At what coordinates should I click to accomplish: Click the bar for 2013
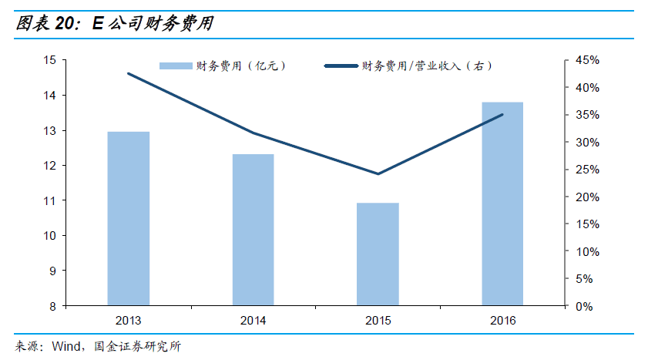coord(129,219)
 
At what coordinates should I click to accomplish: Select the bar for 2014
coord(253,230)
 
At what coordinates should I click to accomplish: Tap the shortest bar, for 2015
coord(378,254)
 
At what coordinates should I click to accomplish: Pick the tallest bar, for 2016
coord(502,204)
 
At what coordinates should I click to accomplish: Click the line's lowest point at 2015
coord(378,173)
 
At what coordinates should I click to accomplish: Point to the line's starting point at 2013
coord(129,73)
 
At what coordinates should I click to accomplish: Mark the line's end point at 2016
coord(502,115)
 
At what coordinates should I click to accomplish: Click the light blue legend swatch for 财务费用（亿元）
coord(176,66)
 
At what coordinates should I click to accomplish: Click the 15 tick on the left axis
coord(49,60)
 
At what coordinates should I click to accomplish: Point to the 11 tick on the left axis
coord(49,201)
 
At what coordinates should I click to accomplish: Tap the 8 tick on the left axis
coord(53,306)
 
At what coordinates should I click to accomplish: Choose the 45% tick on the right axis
coord(587,60)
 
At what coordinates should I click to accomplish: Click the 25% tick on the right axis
coord(587,170)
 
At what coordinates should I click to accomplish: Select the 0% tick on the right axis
coord(584,306)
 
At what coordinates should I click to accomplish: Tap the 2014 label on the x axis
coord(253,321)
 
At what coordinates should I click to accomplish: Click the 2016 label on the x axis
coord(503,321)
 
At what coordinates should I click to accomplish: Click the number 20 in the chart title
coord(64,23)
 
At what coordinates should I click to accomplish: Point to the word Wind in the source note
coord(66,346)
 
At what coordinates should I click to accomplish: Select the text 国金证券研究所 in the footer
coord(138,346)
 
